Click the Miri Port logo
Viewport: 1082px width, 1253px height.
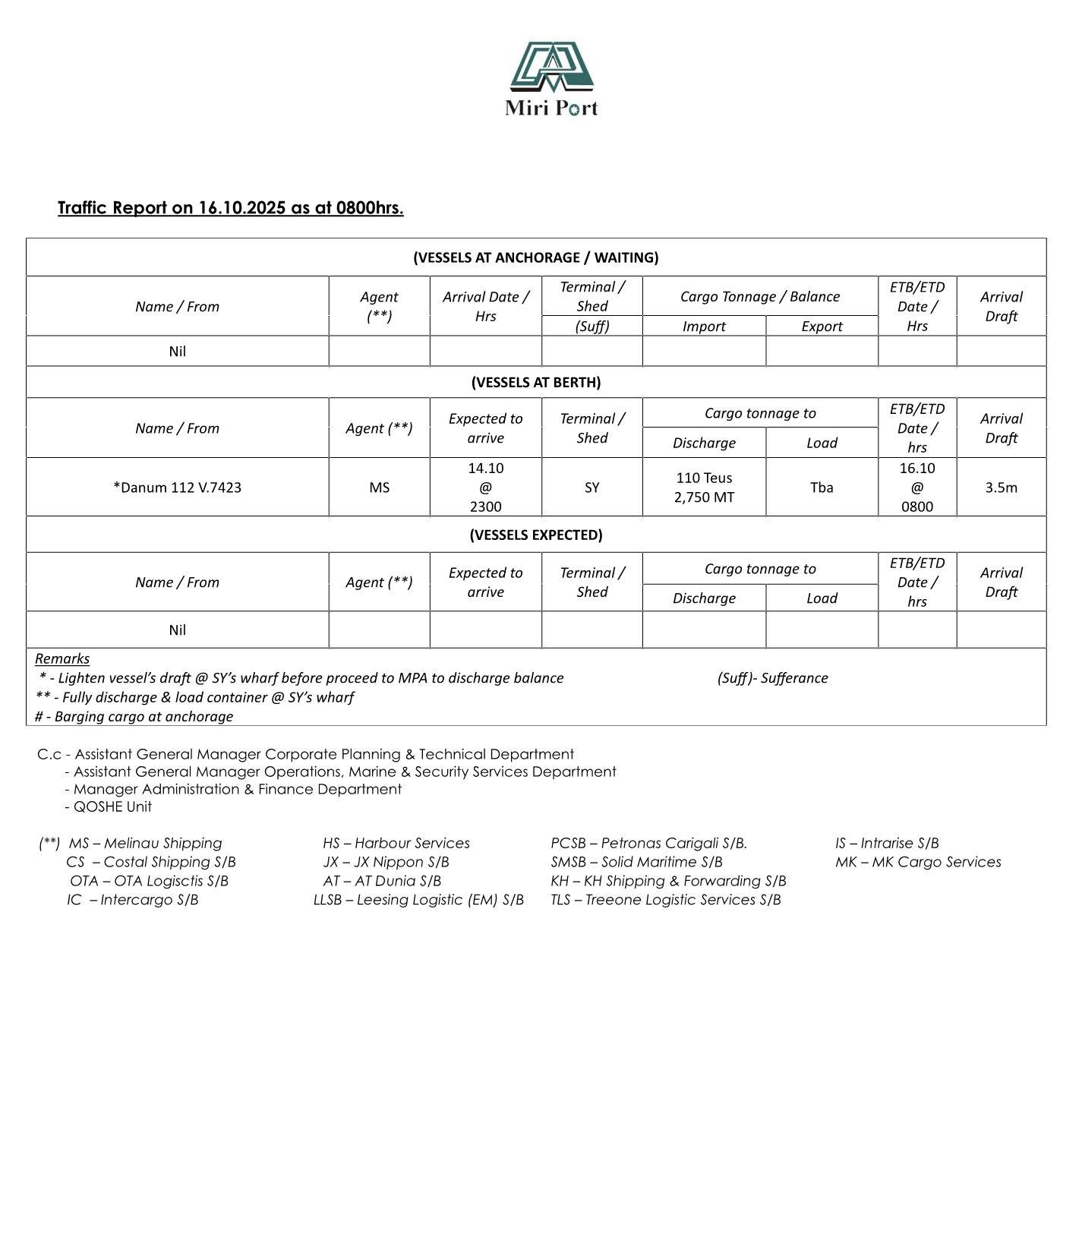pyautogui.click(x=551, y=78)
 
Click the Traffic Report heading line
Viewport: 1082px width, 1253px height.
pyautogui.click(x=230, y=208)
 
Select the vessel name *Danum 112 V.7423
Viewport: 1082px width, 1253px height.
pyautogui.click(x=177, y=488)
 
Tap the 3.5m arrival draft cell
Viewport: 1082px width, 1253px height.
pyautogui.click(x=1001, y=488)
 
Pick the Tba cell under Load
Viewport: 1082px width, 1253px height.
pyautogui.click(x=822, y=488)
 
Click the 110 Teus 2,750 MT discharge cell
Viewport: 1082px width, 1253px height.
pyautogui.click(x=704, y=488)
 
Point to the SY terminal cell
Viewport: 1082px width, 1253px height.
pyautogui.click(x=591, y=488)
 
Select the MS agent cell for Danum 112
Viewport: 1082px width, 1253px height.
pyautogui.click(x=379, y=488)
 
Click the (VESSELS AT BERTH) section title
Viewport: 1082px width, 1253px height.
pyautogui.click(x=535, y=382)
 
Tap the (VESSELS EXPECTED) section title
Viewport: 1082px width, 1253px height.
pyautogui.click(x=535, y=535)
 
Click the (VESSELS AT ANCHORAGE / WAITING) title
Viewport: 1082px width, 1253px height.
pyautogui.click(x=535, y=257)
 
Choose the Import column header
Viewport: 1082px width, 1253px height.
pyautogui.click(x=704, y=327)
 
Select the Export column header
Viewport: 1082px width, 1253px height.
pyautogui.click(x=822, y=327)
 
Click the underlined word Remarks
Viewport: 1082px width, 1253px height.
pyautogui.click(x=62, y=658)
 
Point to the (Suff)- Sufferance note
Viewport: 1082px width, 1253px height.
pyautogui.click(x=772, y=678)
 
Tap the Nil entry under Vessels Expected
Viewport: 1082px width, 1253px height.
pyautogui.click(x=177, y=630)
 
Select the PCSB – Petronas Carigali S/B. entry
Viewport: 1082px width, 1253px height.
pyautogui.click(x=648, y=843)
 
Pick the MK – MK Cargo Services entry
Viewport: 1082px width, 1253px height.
pyautogui.click(x=917, y=862)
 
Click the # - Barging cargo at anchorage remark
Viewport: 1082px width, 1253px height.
pyautogui.click(x=134, y=716)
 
